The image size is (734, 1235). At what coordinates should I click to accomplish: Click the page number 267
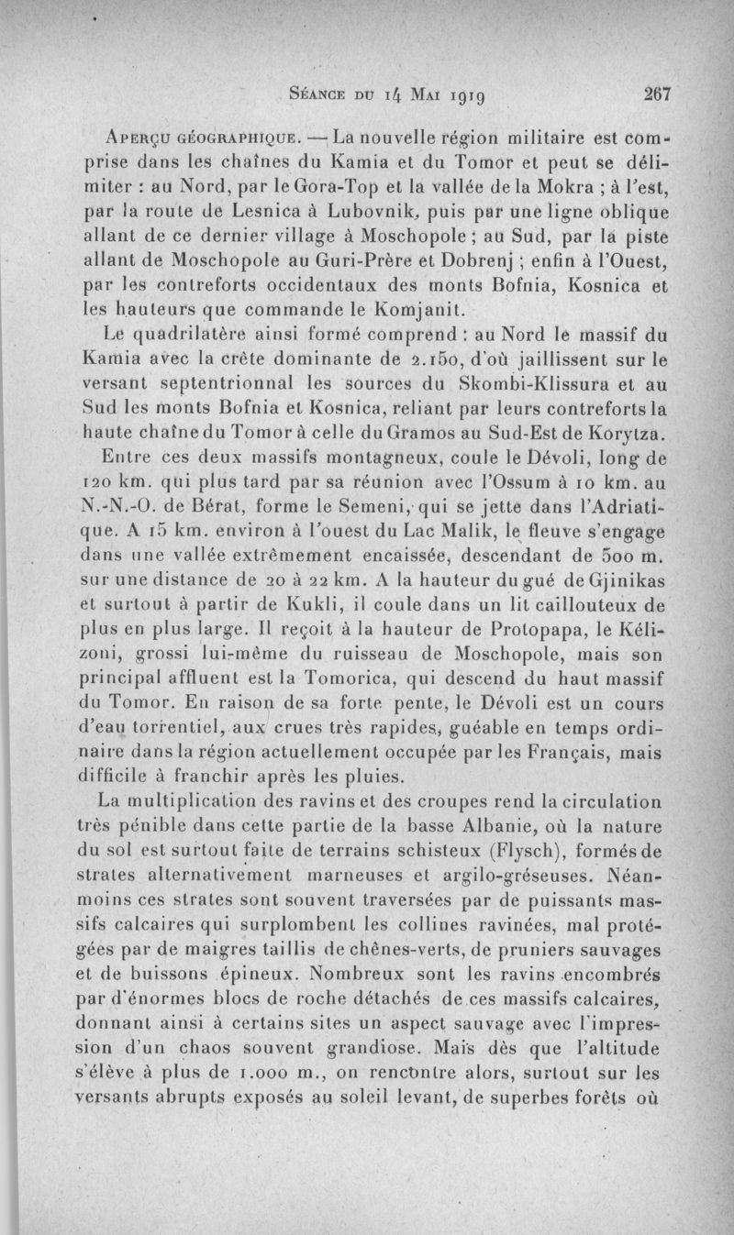click(x=659, y=93)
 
